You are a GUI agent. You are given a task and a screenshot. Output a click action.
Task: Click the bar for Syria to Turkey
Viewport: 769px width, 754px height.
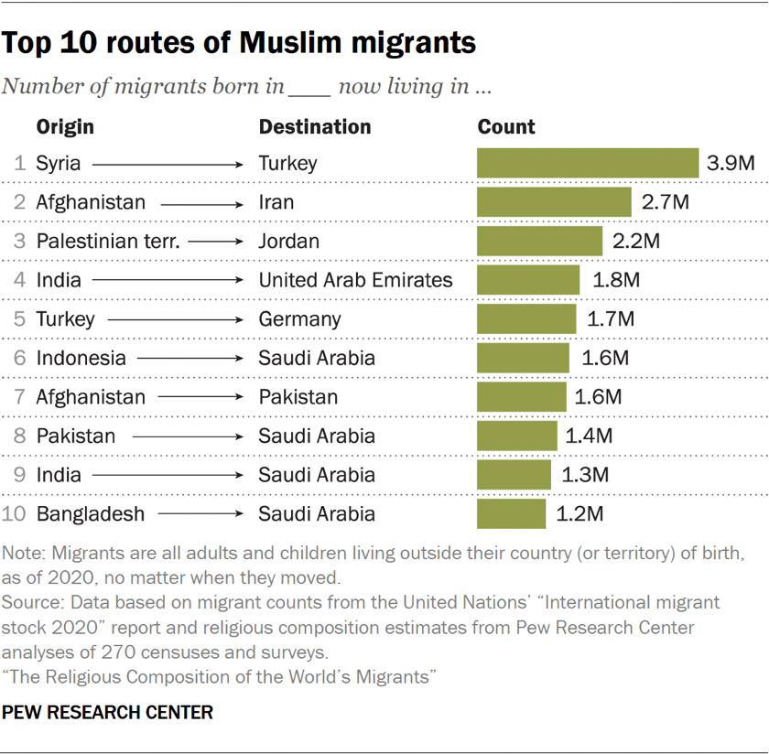point(587,164)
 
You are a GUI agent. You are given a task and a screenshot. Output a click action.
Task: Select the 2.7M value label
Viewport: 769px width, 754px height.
point(666,202)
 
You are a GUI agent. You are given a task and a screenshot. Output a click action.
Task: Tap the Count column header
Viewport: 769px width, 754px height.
point(506,127)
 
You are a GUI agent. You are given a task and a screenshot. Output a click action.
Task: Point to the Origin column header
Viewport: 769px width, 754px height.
point(65,127)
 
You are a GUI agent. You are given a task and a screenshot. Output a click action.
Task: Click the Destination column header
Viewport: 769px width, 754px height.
point(315,127)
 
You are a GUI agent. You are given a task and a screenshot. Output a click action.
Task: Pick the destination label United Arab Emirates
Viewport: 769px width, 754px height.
point(355,280)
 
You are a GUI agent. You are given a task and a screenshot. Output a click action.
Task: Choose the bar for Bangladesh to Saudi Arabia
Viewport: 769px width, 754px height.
point(511,513)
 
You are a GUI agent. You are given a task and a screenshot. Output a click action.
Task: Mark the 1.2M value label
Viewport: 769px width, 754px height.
point(580,513)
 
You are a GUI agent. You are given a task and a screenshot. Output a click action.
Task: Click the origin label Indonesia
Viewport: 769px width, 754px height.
point(81,358)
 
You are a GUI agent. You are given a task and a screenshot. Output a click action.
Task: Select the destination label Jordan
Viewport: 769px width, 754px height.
point(289,242)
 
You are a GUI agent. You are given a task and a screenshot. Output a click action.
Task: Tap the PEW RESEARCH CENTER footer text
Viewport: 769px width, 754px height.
point(108,712)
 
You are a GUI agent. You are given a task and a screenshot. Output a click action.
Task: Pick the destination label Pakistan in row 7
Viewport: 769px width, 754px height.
point(298,397)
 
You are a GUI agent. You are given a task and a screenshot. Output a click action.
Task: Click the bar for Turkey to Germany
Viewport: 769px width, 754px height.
point(526,319)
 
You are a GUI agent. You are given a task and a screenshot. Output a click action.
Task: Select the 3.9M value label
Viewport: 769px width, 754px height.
point(731,164)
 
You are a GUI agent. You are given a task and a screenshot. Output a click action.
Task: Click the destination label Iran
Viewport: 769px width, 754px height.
point(276,202)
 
